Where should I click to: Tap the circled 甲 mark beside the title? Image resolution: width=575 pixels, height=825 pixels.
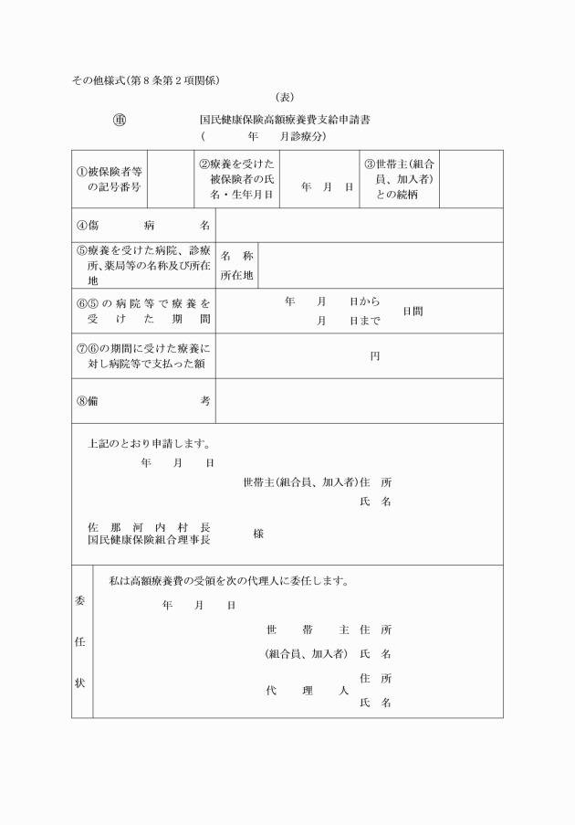(x=119, y=120)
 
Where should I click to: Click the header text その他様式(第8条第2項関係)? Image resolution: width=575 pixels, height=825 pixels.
(x=146, y=80)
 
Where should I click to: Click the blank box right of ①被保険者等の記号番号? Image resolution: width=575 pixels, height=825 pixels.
(x=169, y=178)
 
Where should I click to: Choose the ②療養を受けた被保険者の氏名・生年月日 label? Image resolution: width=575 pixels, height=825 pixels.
(x=236, y=179)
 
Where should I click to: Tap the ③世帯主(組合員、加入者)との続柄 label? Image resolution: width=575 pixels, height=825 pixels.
(x=398, y=179)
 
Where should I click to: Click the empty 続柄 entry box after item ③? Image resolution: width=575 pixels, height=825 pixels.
(x=471, y=179)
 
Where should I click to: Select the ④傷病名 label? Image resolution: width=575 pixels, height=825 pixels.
(x=143, y=225)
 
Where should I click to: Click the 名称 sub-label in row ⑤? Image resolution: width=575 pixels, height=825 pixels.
(x=236, y=257)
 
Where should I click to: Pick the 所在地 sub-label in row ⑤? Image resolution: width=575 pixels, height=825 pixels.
(x=236, y=275)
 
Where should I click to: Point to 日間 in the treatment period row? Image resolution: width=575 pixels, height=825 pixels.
(x=413, y=312)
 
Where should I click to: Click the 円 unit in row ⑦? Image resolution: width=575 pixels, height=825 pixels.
(x=374, y=356)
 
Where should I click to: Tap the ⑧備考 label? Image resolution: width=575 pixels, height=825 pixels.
(x=143, y=401)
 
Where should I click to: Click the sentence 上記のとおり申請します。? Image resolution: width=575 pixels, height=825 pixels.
(x=149, y=444)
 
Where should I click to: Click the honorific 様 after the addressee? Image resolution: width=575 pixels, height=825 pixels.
(x=258, y=534)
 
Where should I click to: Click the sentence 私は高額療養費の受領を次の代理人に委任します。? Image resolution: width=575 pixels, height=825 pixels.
(x=229, y=580)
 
